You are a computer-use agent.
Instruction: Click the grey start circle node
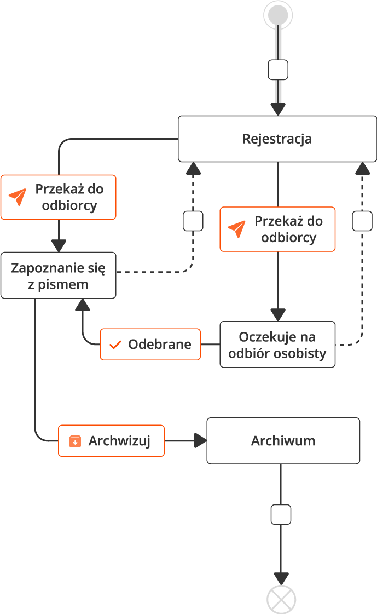pos(278,15)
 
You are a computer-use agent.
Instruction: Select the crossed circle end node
pos(281,599)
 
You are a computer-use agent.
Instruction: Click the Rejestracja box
pos(277,139)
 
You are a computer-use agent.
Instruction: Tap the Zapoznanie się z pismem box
pos(58,276)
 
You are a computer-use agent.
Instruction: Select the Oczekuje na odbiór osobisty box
pos(277,345)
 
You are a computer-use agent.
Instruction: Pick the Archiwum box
pos(283,441)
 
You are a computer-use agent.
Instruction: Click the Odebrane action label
pos(150,345)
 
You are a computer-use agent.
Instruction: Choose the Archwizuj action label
pos(112,441)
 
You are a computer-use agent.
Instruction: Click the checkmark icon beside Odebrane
pos(115,345)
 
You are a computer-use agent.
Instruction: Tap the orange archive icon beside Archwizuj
pos(75,441)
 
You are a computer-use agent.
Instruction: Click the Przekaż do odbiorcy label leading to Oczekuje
pos(277,229)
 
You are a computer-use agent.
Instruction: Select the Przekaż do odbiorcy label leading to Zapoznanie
pos(58,197)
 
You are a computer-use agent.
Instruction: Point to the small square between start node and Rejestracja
pos(278,70)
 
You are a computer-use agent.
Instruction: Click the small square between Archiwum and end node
pos(281,515)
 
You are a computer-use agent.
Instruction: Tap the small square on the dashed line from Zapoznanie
pos(193,221)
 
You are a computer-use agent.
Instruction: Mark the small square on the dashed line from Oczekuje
pos(362,221)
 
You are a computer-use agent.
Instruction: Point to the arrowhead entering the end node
pos(281,578)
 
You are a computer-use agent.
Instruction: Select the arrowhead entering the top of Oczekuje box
pos(278,315)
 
